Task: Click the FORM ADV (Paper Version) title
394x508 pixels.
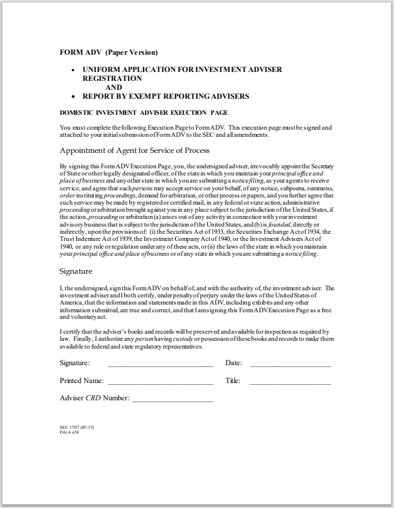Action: pyautogui.click(x=109, y=53)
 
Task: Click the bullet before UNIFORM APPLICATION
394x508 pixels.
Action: pyautogui.click(x=73, y=70)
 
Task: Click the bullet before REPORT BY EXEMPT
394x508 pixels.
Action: pyautogui.click(x=73, y=96)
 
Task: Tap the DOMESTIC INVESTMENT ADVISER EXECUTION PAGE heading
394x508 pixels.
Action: pyautogui.click(x=144, y=112)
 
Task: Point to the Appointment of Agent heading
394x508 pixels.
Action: pyautogui.click(x=135, y=150)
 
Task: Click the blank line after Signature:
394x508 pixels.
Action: pyautogui.click(x=160, y=364)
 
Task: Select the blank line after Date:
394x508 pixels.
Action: pyautogui.click(x=290, y=364)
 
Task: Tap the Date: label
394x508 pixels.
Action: pyautogui.click(x=233, y=363)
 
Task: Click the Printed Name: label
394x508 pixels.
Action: pyautogui.click(x=82, y=381)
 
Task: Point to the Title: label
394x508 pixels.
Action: pyautogui.click(x=233, y=381)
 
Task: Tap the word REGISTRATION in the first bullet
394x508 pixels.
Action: pyautogui.click(x=112, y=78)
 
